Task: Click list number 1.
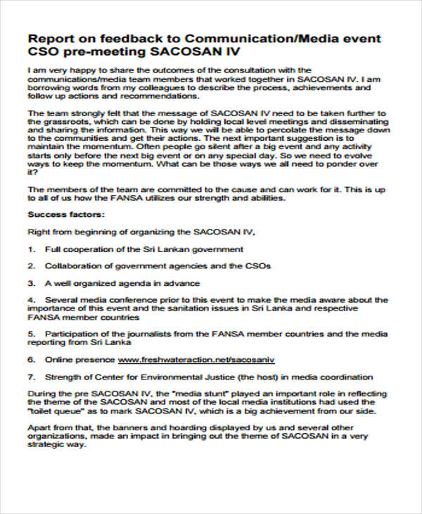31,249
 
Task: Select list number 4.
31,299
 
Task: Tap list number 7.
31,377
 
